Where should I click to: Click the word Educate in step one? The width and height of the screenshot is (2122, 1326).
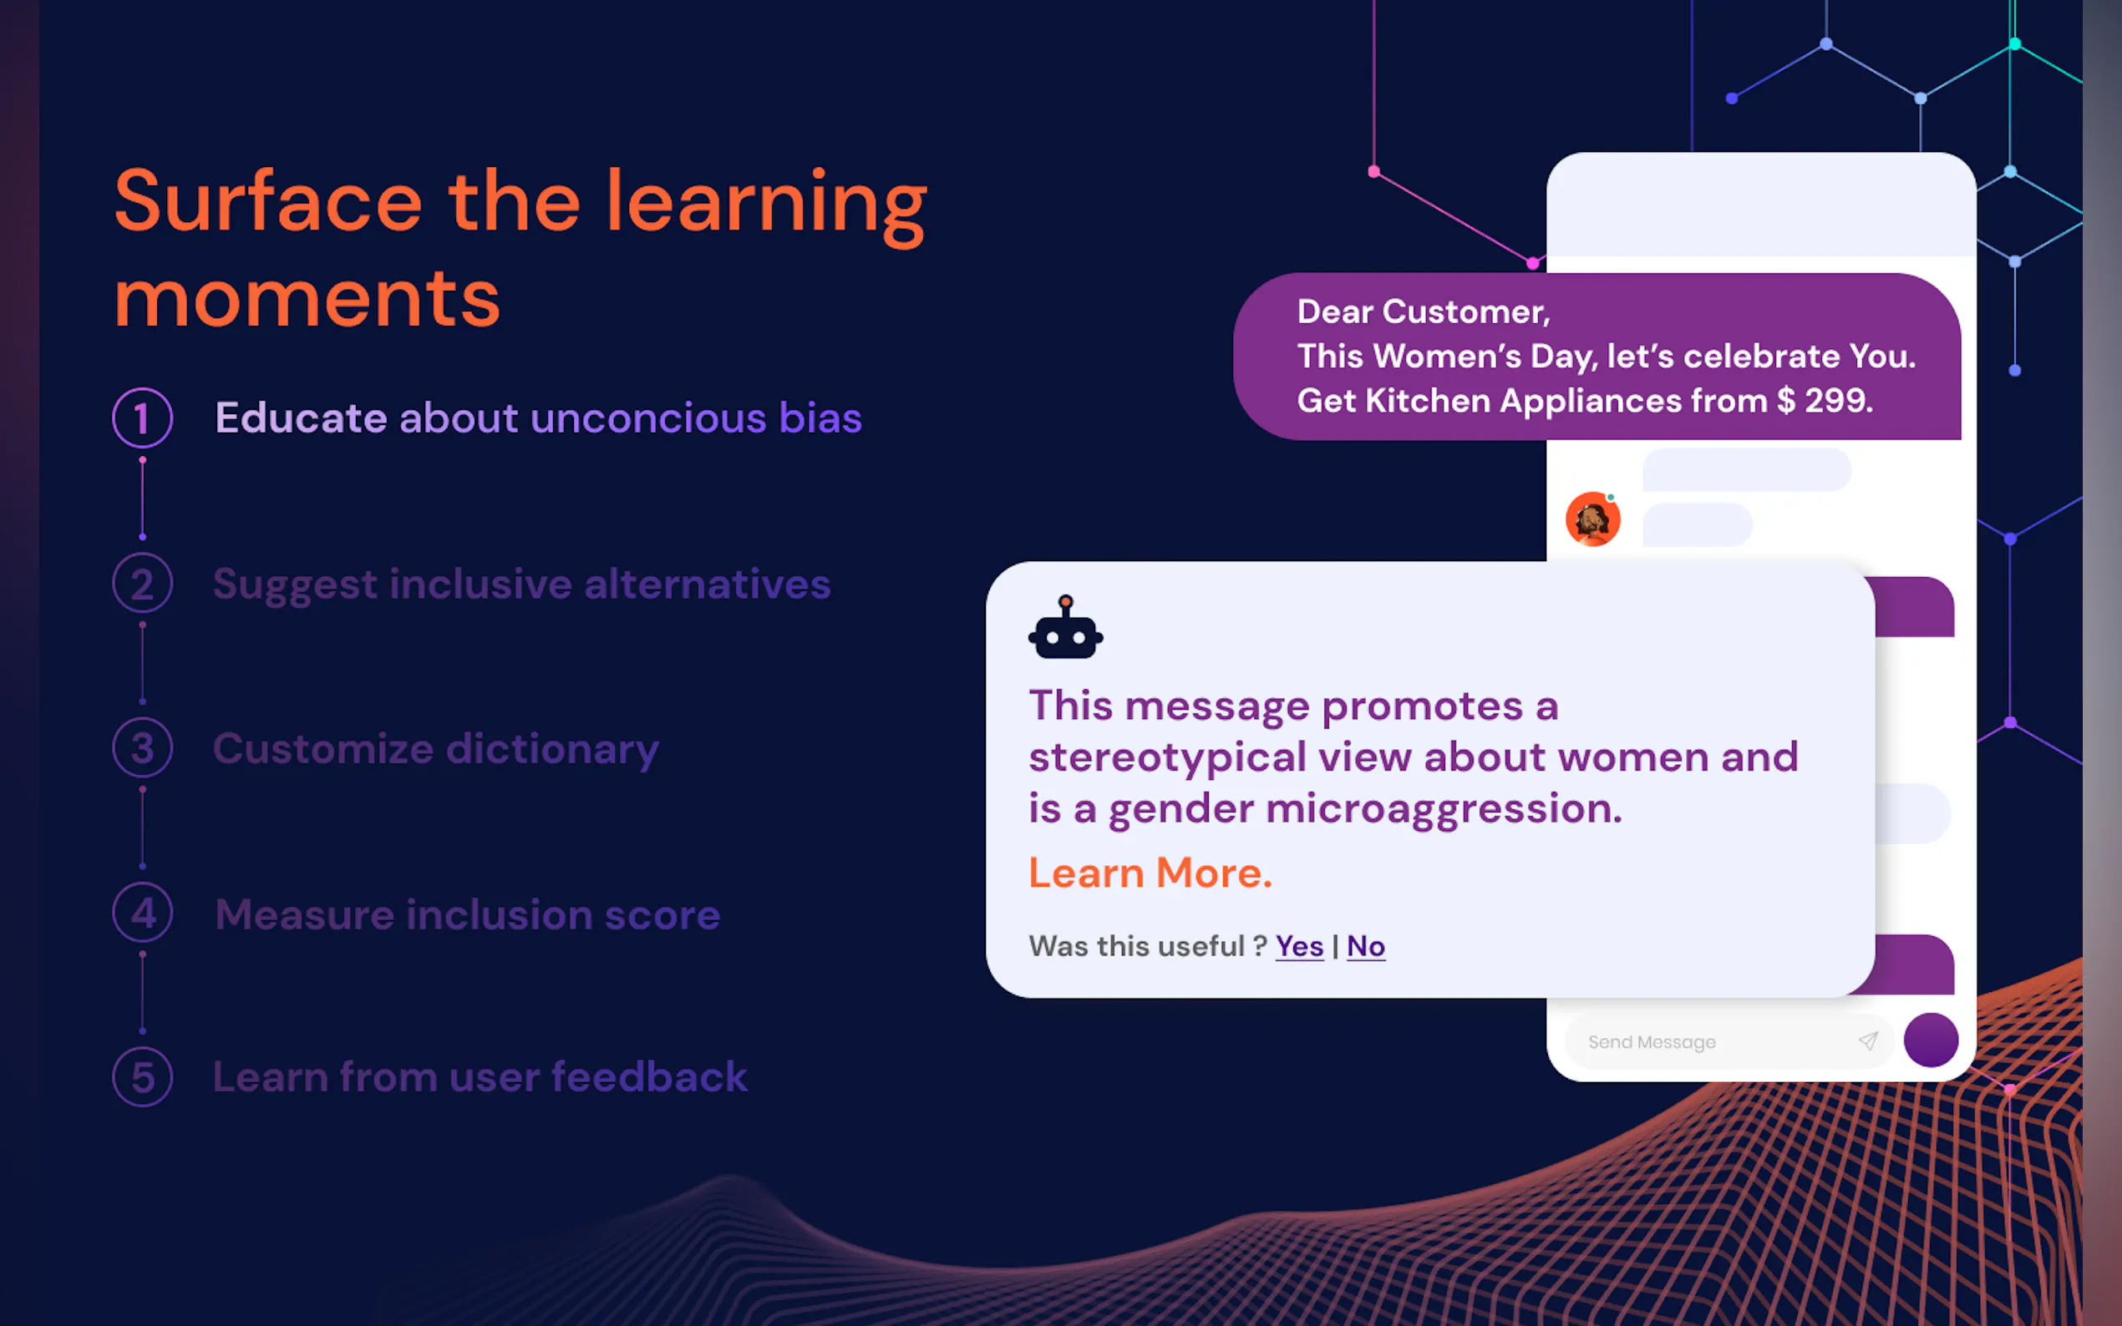pos(301,418)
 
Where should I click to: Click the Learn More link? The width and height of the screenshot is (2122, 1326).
pos(1150,873)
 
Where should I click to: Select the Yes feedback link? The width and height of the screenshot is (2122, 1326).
pos(1299,946)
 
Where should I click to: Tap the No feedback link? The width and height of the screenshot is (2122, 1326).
pos(1366,946)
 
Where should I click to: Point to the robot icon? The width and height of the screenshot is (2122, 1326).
pos(1066,627)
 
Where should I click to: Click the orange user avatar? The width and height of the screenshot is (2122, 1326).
pos(1593,519)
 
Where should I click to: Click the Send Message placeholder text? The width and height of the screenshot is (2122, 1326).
pos(1652,1042)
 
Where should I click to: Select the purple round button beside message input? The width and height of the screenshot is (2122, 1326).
pos(1931,1040)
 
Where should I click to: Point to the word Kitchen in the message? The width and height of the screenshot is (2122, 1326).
pos(1428,401)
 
